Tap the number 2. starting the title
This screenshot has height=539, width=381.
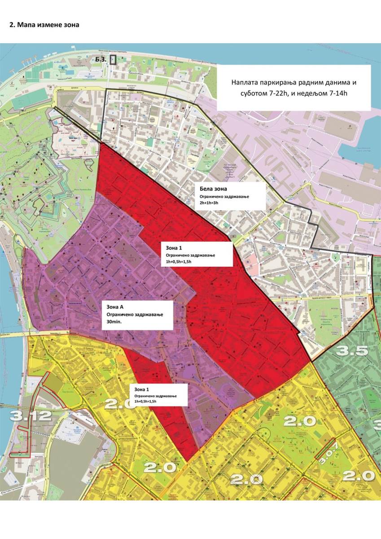click(x=13, y=25)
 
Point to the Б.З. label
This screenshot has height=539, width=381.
click(x=100, y=59)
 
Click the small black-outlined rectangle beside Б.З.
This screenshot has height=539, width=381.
click(x=113, y=59)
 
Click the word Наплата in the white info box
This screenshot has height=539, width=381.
click(x=247, y=83)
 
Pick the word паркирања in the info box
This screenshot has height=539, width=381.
click(x=285, y=83)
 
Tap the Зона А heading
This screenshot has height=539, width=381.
click(x=114, y=307)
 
